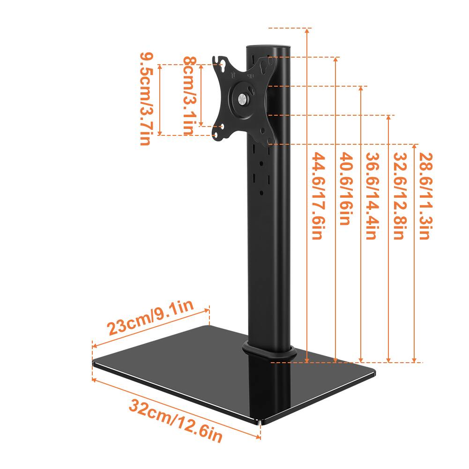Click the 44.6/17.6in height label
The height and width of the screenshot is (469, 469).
[317, 196]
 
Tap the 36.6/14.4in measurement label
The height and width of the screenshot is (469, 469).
[371, 196]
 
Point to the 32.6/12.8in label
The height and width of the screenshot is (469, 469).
[398, 196]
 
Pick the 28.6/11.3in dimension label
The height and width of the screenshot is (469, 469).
[424, 196]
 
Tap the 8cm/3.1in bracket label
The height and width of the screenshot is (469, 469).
[189, 96]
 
